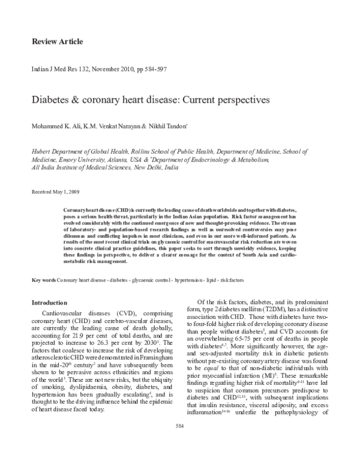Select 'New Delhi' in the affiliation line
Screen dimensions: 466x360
coord(138,169)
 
